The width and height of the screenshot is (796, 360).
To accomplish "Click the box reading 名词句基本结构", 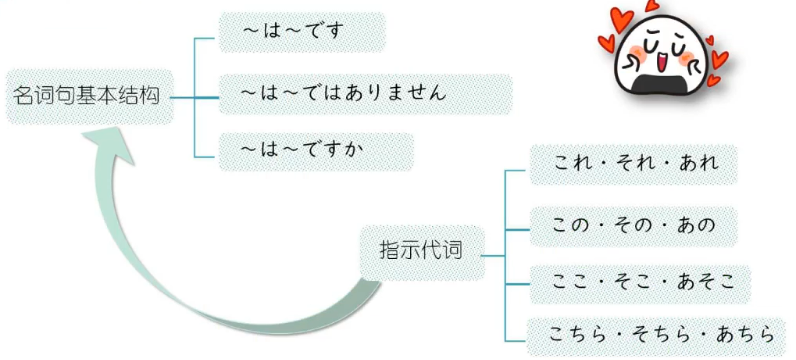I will [x=86, y=96].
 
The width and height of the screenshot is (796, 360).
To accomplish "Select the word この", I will [x=571, y=225].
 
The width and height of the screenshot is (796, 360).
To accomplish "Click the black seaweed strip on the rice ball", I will [x=660, y=83].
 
